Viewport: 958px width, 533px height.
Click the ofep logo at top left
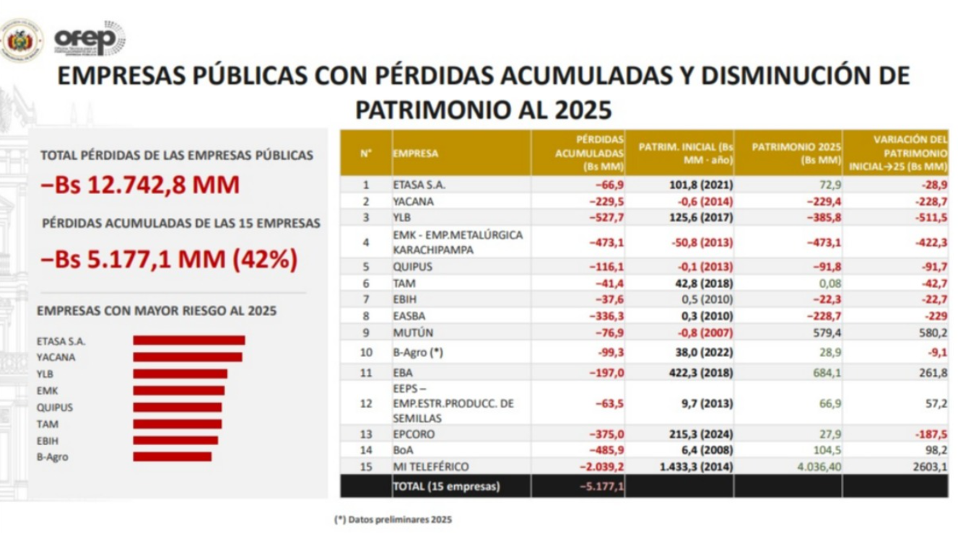click(90, 38)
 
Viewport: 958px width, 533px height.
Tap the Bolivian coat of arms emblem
click(21, 40)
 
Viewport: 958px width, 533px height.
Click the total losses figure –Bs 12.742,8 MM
click(140, 185)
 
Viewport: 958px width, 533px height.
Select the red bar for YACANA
click(188, 357)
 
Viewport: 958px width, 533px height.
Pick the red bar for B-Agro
click(173, 457)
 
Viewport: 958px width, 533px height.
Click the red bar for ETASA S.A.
click(189, 340)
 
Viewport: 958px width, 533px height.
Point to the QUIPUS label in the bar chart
click(55, 408)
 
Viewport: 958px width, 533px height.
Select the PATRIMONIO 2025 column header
click(796, 154)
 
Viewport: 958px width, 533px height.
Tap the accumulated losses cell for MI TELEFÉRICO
click(601, 467)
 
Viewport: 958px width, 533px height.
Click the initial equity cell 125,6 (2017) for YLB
click(701, 218)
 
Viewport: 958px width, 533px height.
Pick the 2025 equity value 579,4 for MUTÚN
click(827, 332)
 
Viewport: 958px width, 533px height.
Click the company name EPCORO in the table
click(414, 434)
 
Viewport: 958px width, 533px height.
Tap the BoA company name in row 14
click(403, 450)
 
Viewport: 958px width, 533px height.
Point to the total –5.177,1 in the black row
click(601, 486)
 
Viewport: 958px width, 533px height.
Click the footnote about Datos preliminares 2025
click(393, 520)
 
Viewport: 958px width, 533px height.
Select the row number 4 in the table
click(366, 242)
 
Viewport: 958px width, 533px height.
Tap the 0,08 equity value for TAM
click(829, 283)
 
